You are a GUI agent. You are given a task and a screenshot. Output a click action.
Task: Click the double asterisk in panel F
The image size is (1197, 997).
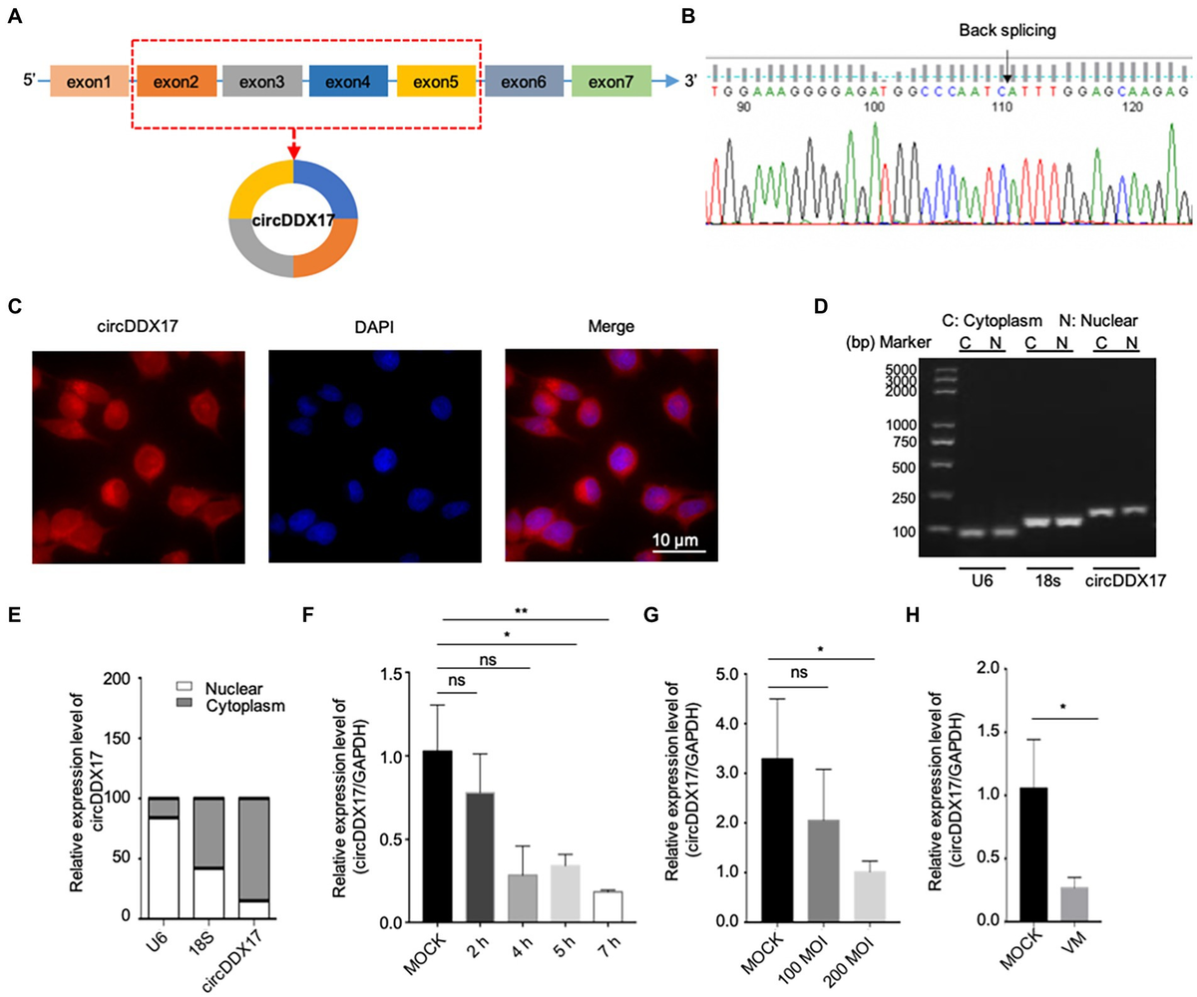point(522,609)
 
